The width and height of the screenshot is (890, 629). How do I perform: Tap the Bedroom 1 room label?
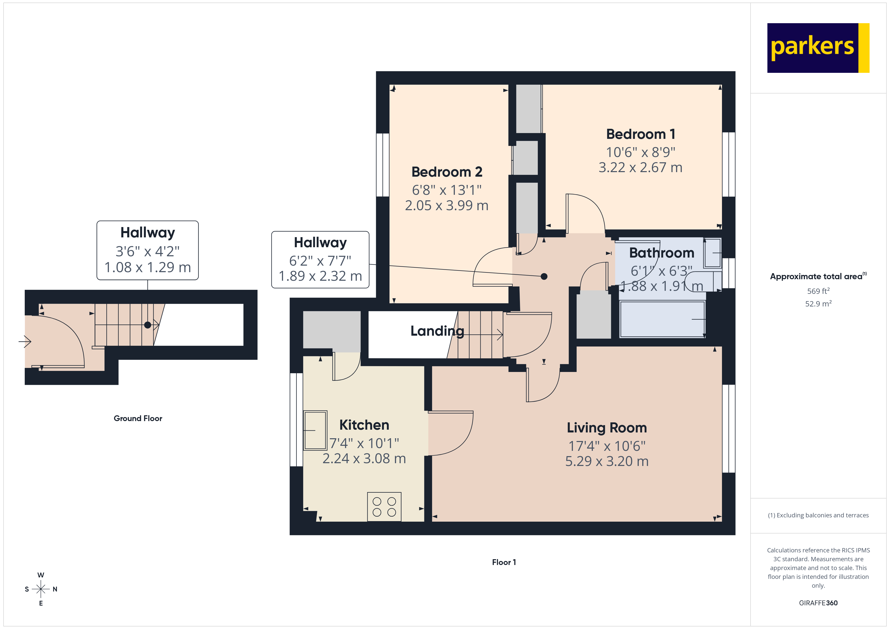point(640,134)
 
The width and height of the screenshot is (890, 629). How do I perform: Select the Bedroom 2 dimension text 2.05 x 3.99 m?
point(447,205)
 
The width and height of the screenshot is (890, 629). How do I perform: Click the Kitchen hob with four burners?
point(384,507)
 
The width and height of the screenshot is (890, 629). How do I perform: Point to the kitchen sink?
point(315,430)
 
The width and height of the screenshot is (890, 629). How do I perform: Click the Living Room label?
point(607,428)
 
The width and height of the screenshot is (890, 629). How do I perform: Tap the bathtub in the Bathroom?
point(662,319)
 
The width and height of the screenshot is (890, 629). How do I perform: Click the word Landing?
point(437,331)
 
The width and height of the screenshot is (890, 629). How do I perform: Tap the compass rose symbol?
point(41,589)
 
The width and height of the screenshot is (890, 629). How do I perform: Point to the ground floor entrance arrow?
point(25,342)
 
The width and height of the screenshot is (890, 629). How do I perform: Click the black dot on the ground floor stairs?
point(148,325)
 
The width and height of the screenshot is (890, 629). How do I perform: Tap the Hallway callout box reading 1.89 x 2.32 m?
point(320,260)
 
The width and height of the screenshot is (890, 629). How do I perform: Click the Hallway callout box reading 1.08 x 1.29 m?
point(148,250)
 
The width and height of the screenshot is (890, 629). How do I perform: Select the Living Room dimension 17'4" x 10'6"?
point(607,446)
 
